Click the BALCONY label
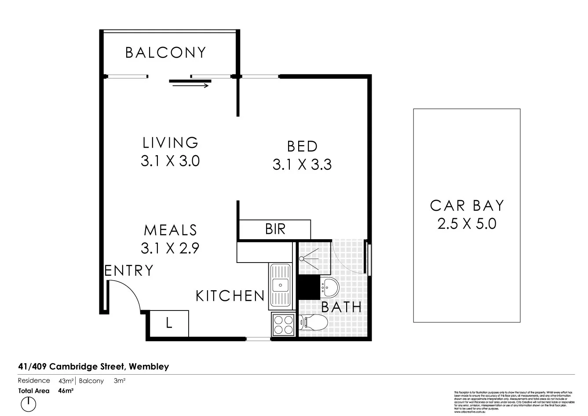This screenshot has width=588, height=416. [x=165, y=53]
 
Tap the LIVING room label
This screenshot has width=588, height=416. [x=170, y=142]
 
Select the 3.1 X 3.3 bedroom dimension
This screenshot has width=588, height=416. [x=302, y=165]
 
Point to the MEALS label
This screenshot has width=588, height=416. [x=170, y=230]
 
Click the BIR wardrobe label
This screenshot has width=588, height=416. [x=275, y=229]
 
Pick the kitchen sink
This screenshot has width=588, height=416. [x=280, y=285]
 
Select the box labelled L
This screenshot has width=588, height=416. [x=169, y=323]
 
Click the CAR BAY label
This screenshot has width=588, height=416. [x=467, y=206]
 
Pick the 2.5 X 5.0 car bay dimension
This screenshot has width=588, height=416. [x=467, y=224]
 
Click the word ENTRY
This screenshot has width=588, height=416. [x=129, y=270]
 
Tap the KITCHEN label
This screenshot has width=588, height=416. [x=230, y=296]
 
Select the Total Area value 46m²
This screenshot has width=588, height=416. [x=66, y=390]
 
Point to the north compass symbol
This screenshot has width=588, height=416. [x=28, y=402]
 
